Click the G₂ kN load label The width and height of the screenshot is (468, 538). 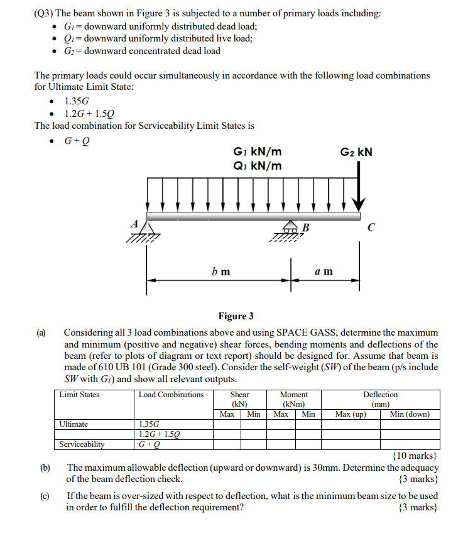coord(356,152)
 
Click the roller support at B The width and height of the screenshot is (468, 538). coord(290,228)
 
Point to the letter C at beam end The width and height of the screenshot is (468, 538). coord(373,228)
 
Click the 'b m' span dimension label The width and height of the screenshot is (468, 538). coord(220,272)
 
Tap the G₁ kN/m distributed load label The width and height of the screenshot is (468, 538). coord(257,152)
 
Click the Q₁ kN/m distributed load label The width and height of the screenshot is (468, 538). coord(257,166)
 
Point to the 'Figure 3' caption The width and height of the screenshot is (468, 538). coord(236,316)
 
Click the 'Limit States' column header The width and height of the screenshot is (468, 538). coord(79,395)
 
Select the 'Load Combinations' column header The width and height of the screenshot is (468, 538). coord(171,395)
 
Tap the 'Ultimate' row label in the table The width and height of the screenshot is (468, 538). coord(73,424)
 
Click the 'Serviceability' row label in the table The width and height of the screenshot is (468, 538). coord(82,444)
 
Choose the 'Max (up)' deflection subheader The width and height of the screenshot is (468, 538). coord(351,414)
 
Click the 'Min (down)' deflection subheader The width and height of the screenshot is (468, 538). coord(410,414)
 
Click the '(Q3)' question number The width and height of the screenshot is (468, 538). coord(45,13)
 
